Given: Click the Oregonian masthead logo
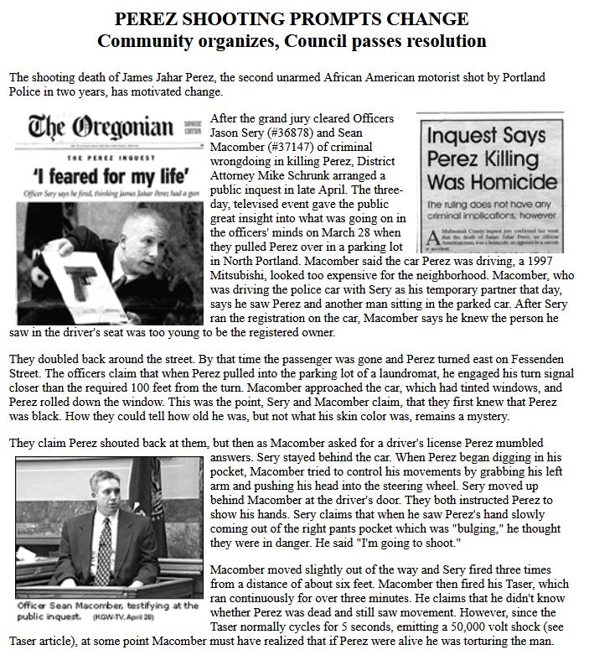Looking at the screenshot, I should [x=101, y=128].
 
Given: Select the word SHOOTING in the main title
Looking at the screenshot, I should [x=216, y=19].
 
